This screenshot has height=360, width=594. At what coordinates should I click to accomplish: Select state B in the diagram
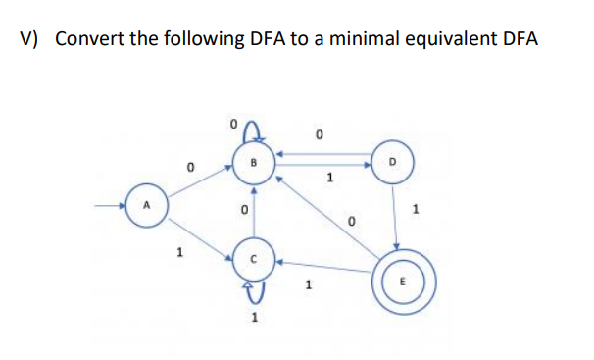point(252,159)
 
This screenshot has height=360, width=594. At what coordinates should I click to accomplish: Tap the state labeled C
point(252,258)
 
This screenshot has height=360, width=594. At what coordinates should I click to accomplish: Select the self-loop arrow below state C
point(253,287)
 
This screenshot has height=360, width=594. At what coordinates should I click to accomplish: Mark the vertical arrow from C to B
point(252,208)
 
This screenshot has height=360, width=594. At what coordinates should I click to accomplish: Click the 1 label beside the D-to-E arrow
point(417,209)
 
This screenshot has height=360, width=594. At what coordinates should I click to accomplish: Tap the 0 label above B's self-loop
point(232,125)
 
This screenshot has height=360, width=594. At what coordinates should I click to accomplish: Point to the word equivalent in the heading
point(454,39)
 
